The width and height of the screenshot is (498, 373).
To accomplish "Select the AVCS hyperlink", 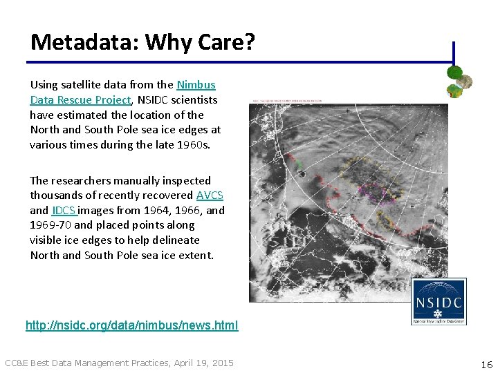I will (210, 195).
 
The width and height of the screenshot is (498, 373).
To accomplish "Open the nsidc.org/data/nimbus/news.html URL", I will (131, 325).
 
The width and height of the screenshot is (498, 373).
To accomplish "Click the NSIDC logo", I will (439, 301).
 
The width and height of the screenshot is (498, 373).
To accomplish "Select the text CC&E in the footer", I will (17, 363).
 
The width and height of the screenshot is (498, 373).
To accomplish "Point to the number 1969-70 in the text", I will (50, 225).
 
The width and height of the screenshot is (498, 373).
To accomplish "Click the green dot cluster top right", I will (459, 82).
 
